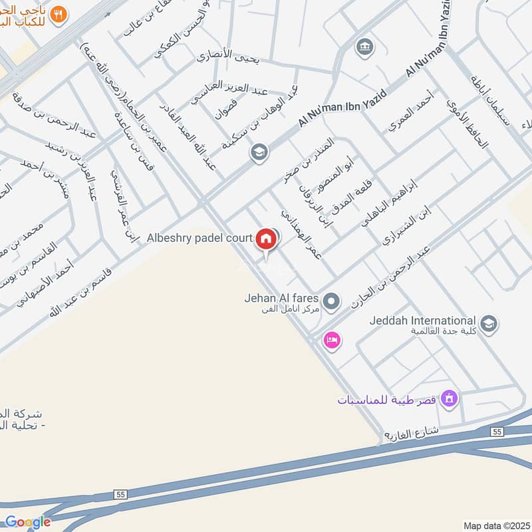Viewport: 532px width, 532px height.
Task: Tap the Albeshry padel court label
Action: pyautogui.click(x=199, y=238)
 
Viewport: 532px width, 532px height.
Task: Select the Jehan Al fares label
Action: pyautogui.click(x=281, y=299)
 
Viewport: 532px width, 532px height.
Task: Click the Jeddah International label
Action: pyautogui.click(x=423, y=321)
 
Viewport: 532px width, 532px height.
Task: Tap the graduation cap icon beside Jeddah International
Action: pyautogui.click(x=489, y=324)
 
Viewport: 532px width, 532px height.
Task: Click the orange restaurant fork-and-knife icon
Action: pyautogui.click(x=59, y=13)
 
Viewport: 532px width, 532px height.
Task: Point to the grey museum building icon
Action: pyautogui.click(x=364, y=47)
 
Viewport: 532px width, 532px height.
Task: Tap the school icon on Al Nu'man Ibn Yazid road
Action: pyautogui.click(x=259, y=153)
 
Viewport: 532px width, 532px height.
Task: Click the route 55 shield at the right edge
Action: pyautogui.click(x=497, y=432)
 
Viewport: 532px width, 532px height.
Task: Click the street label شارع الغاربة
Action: pyautogui.click(x=412, y=433)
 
